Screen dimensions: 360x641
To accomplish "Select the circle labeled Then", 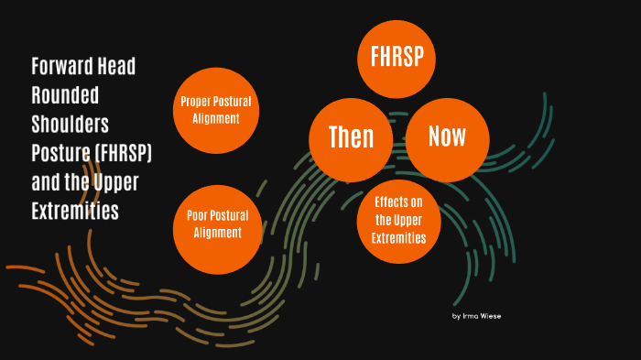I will [x=352, y=137].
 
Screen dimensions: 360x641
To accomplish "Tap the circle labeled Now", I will [x=447, y=137].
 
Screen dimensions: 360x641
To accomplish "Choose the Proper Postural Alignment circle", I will [x=216, y=110].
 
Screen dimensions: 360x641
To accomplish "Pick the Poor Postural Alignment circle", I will [x=217, y=225].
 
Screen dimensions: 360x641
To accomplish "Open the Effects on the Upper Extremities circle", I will [x=398, y=220].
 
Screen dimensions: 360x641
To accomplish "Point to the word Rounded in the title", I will [x=65, y=96].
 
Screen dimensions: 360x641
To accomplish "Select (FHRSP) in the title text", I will [x=122, y=153].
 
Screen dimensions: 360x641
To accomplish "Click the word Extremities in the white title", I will [x=75, y=212].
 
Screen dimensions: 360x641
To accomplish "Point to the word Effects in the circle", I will [x=398, y=202].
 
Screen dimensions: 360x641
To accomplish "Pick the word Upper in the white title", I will [x=117, y=182].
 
